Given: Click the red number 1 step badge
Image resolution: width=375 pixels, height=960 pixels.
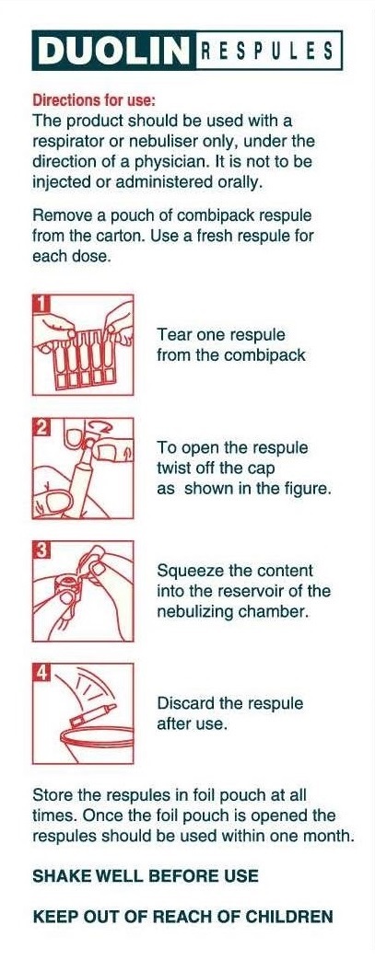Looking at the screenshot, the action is coord(41,303).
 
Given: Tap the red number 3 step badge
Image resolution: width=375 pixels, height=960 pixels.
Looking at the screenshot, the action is coord(41,549).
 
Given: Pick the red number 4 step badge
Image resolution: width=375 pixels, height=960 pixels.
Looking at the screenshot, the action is coord(41,672).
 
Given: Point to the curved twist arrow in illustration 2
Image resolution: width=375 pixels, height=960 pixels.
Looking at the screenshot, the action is coord(96,425).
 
